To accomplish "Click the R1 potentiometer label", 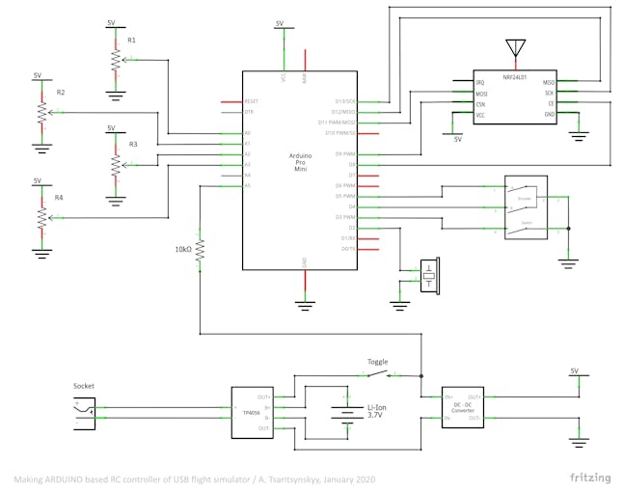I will pyautogui.click(x=131, y=41).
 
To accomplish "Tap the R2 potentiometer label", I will pyautogui.click(x=60, y=93).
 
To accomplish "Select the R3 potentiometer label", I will pyautogui.click(x=133, y=144).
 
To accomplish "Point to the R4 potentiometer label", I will pyautogui.click(x=59, y=197).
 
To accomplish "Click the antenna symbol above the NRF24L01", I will pyautogui.click(x=512, y=49).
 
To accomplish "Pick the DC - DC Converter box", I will pyautogui.click(x=462, y=408).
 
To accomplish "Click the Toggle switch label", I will pyautogui.click(x=377, y=362).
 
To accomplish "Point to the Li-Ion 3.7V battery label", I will pyautogui.click(x=375, y=412).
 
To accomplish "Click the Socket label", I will pyautogui.click(x=85, y=387).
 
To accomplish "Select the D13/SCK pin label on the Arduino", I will pyautogui.click(x=345, y=101).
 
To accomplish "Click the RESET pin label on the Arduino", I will pyautogui.click(x=252, y=101).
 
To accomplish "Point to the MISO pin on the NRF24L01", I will pyautogui.click(x=549, y=84).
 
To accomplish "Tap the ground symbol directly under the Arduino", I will pyautogui.click(x=306, y=306).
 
